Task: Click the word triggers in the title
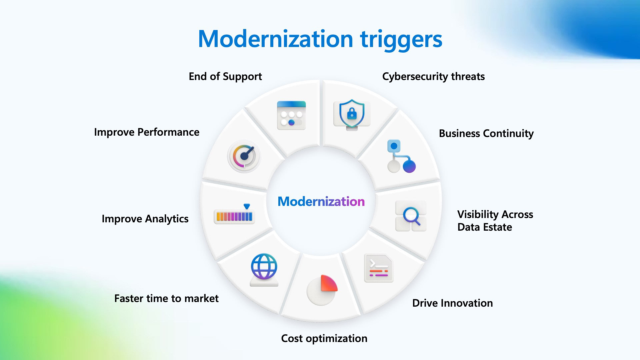(401, 39)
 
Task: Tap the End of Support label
(225, 76)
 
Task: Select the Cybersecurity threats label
(433, 76)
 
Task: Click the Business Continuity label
(486, 133)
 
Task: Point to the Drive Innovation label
(452, 303)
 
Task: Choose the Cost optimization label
(324, 338)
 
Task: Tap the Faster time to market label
(166, 298)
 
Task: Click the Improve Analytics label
(145, 219)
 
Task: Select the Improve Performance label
(147, 132)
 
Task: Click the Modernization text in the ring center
(321, 201)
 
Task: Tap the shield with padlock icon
(352, 114)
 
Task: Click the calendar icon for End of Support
(291, 115)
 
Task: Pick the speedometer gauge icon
(244, 156)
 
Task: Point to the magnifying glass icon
(411, 216)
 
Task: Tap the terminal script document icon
(379, 268)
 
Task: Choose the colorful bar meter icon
(234, 215)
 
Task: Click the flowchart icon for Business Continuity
(401, 156)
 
